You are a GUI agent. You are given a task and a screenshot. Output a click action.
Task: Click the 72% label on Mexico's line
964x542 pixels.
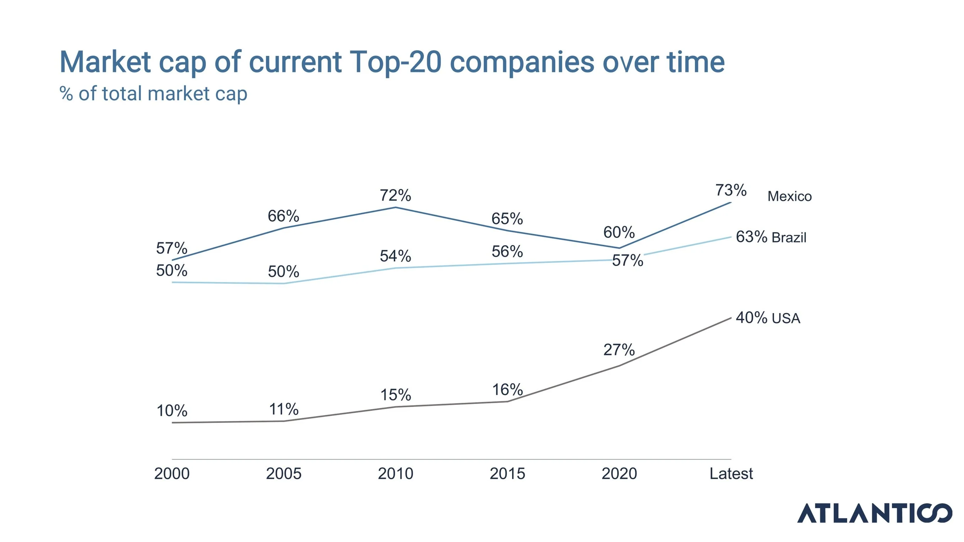tap(395, 195)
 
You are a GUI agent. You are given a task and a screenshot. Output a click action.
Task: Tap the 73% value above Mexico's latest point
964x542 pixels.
tap(731, 190)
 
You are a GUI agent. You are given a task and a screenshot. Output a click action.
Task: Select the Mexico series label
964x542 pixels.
tap(789, 196)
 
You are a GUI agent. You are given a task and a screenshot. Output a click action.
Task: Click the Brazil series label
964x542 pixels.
tap(789, 237)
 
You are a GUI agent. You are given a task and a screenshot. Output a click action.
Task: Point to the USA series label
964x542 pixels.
tap(786, 318)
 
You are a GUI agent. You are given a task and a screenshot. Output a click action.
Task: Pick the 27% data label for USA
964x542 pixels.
tap(619, 350)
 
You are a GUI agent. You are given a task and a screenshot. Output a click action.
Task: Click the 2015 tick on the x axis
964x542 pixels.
tap(507, 473)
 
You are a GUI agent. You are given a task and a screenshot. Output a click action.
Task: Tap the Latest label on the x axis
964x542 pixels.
tap(731, 473)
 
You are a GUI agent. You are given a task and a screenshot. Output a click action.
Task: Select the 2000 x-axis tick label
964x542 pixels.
tap(172, 473)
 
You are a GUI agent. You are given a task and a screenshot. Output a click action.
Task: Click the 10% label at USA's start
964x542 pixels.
tap(172, 411)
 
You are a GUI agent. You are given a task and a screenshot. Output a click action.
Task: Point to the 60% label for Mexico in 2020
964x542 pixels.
tap(619, 232)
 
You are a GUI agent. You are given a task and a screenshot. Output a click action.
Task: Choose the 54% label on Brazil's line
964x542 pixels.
tap(395, 256)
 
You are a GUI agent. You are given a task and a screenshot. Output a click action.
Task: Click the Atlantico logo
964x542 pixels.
tap(874, 513)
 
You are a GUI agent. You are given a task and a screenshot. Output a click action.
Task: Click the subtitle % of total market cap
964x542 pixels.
tap(153, 94)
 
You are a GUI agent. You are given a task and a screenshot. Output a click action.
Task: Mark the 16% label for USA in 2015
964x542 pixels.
tap(507, 390)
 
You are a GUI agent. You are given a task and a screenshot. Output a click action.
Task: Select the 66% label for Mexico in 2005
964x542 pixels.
tap(283, 216)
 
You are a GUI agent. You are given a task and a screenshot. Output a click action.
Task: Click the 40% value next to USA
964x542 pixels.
tap(751, 318)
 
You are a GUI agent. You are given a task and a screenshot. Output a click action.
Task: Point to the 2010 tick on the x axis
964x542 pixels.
tap(395, 473)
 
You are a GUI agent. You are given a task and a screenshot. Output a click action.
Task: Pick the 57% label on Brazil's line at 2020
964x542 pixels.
tap(627, 261)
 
